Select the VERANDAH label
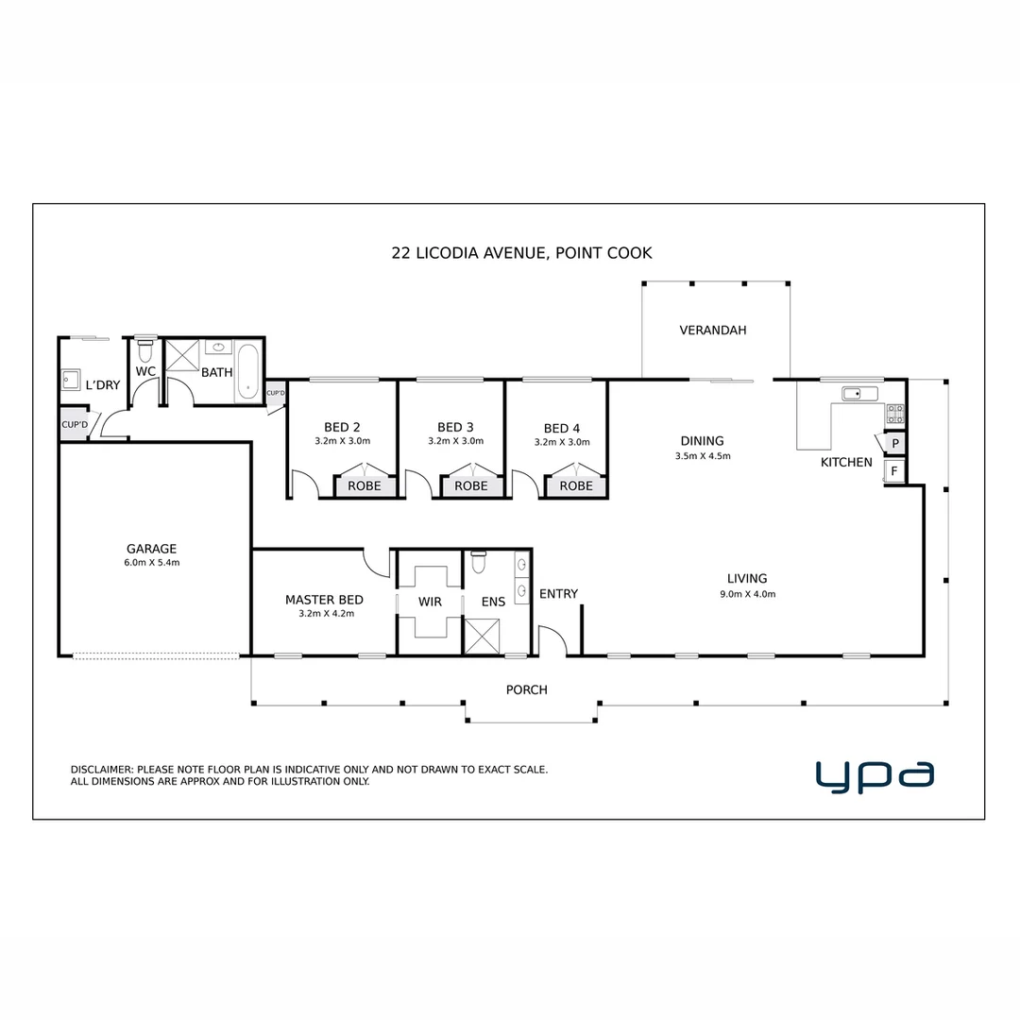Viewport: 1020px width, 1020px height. click(713, 331)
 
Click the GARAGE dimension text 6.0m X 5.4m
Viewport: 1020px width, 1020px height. click(152, 563)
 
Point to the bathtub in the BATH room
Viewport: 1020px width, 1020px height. click(247, 372)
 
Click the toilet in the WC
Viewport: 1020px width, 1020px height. click(144, 349)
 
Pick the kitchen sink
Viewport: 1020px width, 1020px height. click(859, 394)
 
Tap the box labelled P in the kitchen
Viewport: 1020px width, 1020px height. click(894, 443)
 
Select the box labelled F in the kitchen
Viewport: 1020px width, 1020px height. click(894, 470)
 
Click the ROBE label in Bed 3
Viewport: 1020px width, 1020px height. click(471, 486)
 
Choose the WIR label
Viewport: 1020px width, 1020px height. click(430, 601)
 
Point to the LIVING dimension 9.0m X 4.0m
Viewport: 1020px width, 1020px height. click(746, 594)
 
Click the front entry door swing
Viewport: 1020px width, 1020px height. click(552, 641)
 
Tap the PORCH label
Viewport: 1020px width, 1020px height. click(526, 690)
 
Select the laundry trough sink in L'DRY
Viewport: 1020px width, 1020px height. click(71, 381)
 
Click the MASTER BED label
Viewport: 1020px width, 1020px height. click(324, 600)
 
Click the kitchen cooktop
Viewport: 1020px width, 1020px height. click(894, 414)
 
